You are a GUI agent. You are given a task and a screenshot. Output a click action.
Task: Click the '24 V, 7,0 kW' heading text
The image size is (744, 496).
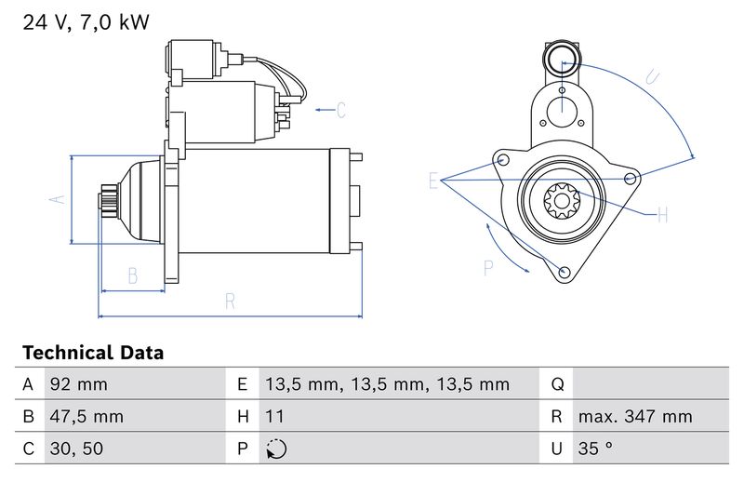[86, 22]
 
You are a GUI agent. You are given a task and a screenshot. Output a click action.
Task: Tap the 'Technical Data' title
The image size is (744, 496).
[93, 353]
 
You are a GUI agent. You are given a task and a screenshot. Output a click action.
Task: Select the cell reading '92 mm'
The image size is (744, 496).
[79, 384]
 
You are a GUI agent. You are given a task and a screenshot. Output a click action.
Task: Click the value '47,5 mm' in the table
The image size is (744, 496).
[86, 416]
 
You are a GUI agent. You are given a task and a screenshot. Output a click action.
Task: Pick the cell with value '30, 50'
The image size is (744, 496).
[76, 449]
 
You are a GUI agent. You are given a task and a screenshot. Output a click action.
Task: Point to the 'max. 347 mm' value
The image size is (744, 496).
[635, 416]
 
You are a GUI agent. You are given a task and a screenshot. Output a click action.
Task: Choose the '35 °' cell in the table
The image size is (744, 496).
[595, 449]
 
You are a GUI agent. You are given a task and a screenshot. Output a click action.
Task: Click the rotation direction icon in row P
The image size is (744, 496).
[276, 449]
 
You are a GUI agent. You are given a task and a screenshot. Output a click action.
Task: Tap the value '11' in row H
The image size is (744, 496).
[274, 416]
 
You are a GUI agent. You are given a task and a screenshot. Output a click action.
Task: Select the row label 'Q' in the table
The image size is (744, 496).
[557, 384]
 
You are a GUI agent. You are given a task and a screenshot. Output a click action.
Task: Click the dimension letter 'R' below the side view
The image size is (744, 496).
[230, 302]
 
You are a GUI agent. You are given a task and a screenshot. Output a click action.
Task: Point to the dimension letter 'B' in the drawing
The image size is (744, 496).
[133, 275]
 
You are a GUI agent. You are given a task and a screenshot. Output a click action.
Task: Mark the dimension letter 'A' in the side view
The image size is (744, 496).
[58, 199]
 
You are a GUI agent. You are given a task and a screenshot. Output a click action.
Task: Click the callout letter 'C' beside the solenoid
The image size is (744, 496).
[341, 110]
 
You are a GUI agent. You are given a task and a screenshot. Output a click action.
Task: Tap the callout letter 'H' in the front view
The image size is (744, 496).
[663, 216]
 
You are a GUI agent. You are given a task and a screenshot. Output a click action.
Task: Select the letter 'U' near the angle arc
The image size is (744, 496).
[653, 77]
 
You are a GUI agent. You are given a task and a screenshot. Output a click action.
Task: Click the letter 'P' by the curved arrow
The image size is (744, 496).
[488, 268]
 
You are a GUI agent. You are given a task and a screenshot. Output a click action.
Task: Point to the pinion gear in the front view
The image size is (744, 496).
[562, 201]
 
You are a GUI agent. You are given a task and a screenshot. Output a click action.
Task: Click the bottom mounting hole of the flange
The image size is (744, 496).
[565, 272]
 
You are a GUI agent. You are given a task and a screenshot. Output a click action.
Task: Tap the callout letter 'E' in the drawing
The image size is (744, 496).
[432, 181]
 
